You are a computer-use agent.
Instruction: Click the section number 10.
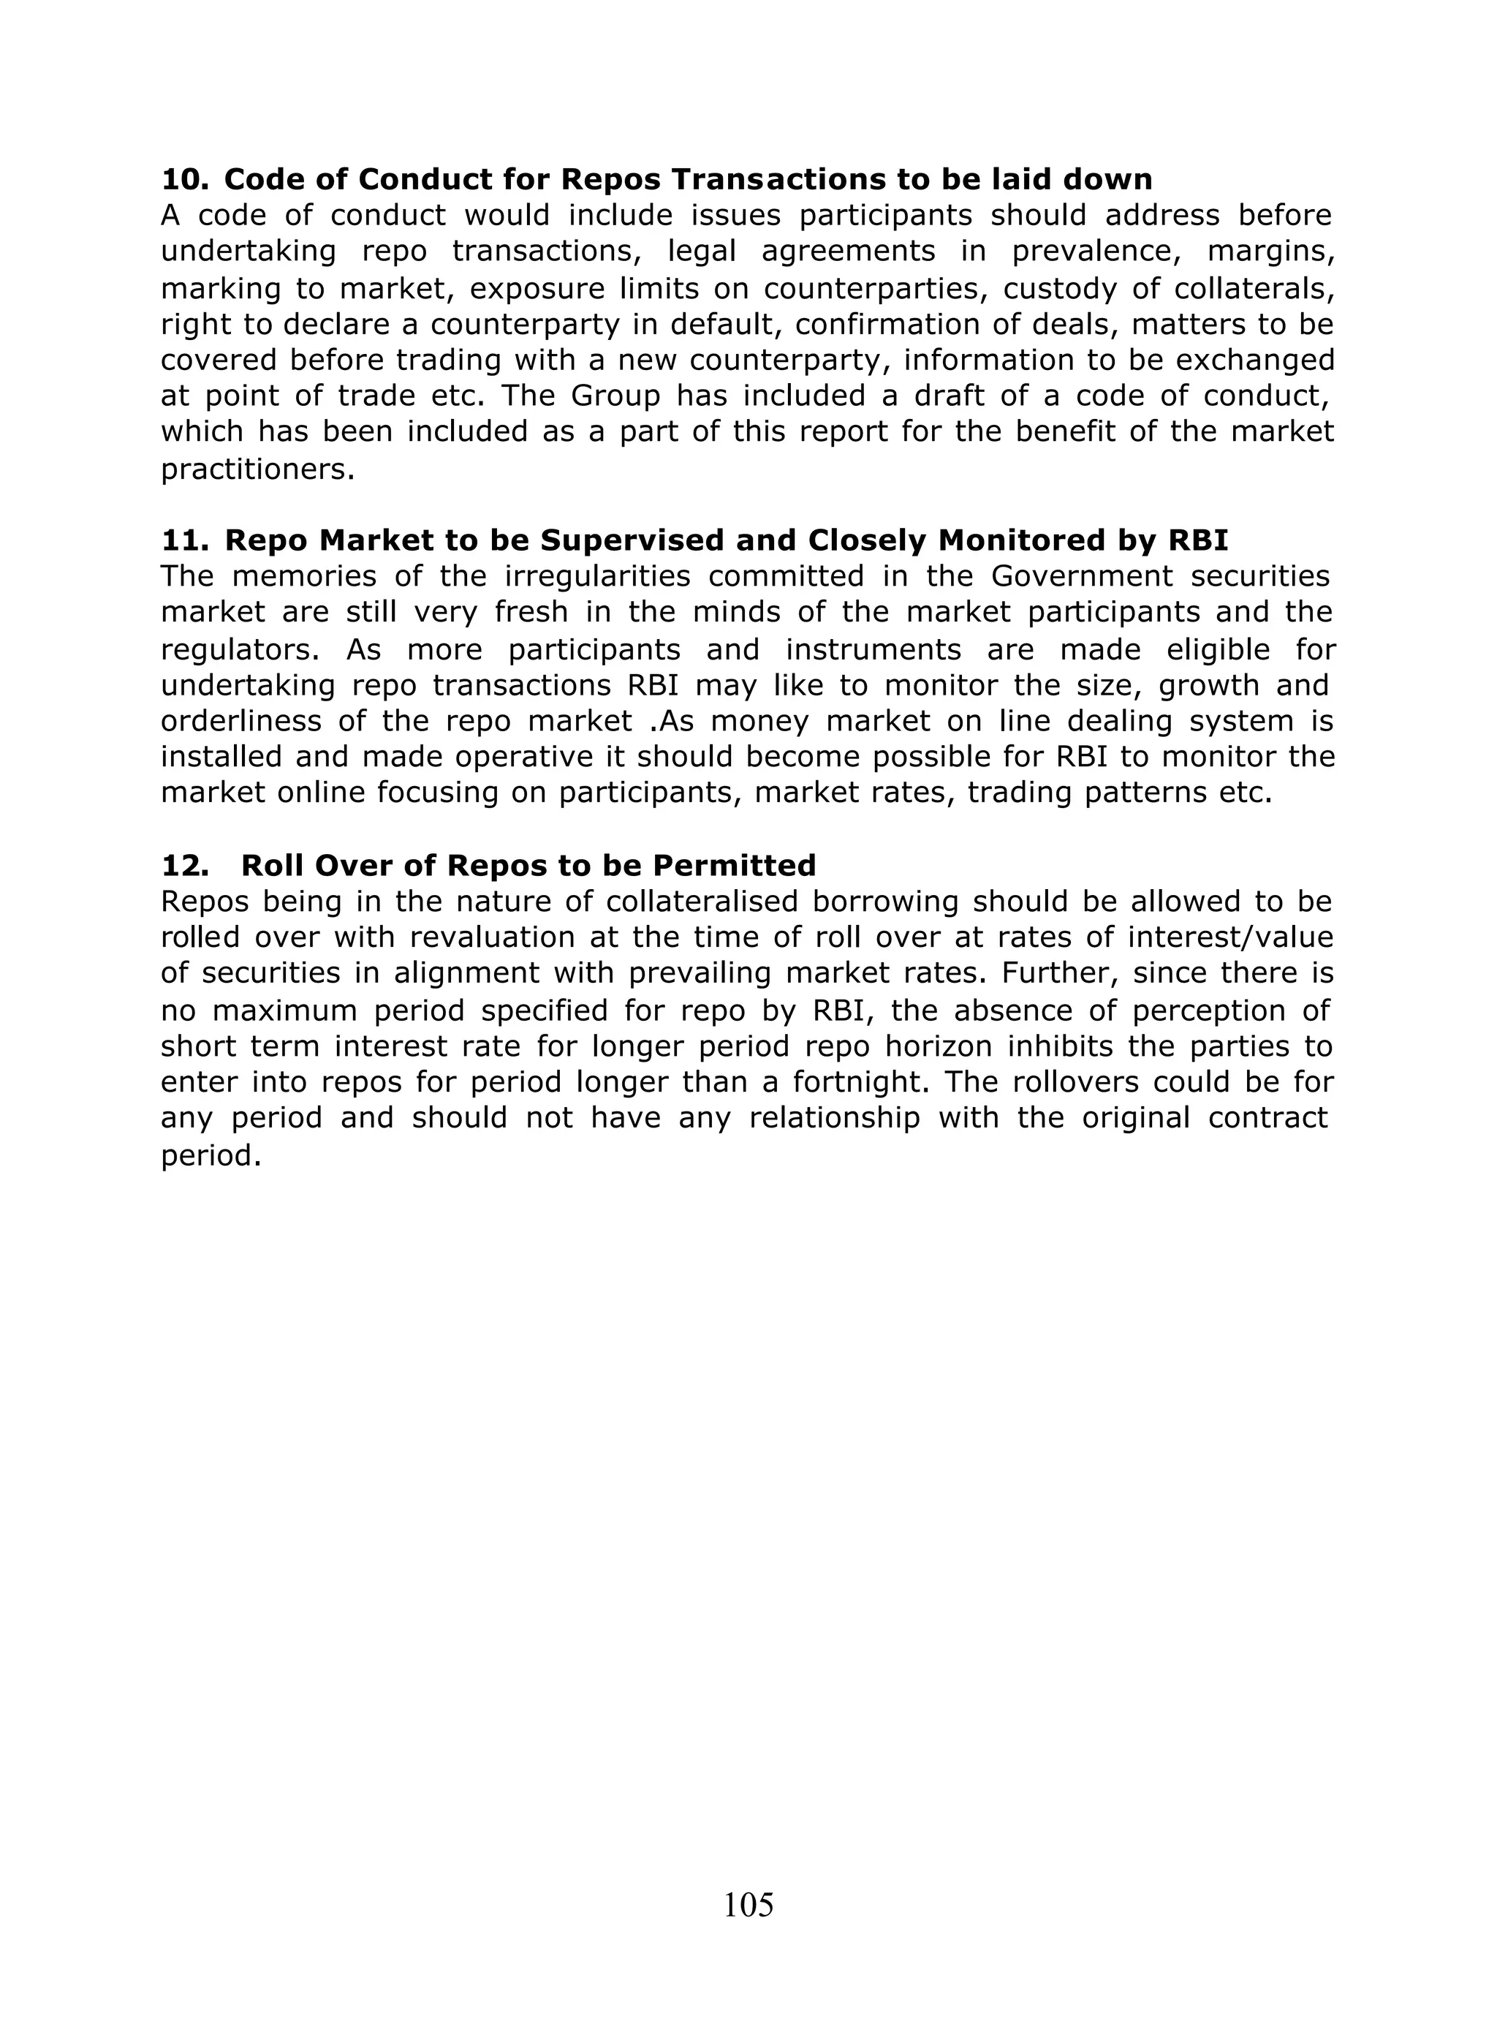(184, 179)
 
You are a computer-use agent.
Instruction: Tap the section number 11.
(184, 540)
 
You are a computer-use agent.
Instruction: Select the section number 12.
(184, 866)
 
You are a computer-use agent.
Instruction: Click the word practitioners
(257, 470)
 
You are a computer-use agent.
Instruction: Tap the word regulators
(238, 650)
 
